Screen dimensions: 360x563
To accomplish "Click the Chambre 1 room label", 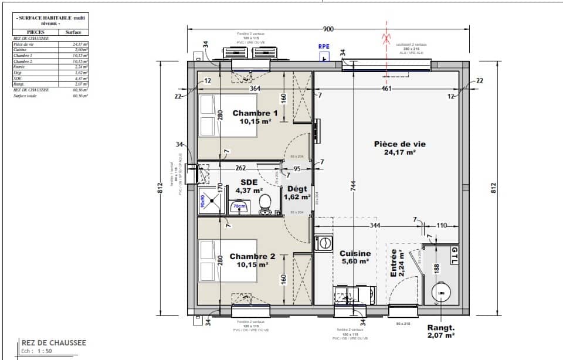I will point(255,117).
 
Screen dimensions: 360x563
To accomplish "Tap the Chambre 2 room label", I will point(252,261).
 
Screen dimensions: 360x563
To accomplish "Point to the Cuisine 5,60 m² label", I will point(355,258).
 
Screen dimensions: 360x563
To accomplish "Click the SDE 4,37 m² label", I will point(247,186).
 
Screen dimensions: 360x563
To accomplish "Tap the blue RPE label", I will point(323,46).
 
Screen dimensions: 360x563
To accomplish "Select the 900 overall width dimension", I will point(328,29).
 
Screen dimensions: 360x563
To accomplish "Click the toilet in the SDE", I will point(265,204).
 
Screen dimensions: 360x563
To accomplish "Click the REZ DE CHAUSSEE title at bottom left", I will point(53,342).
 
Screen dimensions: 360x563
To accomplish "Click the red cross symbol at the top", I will point(386,39).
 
